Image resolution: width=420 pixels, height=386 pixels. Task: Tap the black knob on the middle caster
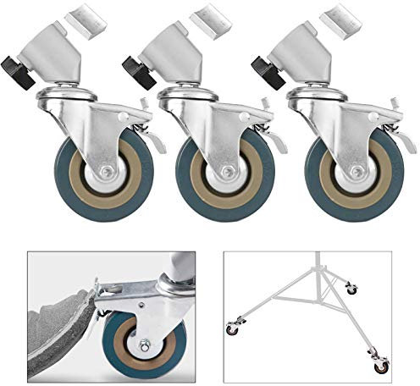[x=135, y=67]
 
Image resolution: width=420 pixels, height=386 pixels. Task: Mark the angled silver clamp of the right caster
[x=303, y=51]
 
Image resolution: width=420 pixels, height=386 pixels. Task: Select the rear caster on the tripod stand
[x=351, y=289]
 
